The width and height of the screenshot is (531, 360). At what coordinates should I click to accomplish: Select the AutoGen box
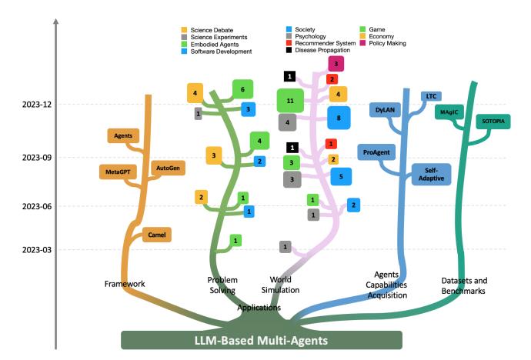pos(167,167)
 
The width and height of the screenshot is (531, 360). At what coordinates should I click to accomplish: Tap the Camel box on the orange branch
pos(155,234)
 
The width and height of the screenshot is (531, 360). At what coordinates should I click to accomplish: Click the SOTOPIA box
pos(493,122)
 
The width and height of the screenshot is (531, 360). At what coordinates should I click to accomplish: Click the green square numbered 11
pos(290,101)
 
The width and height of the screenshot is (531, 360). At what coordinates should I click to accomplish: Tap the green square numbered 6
pos(243,89)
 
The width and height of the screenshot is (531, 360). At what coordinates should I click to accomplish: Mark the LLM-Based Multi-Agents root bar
pos(262,340)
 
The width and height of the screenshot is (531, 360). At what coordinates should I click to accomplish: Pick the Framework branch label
pos(125,285)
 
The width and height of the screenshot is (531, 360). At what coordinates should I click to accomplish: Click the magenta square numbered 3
pos(336,64)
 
